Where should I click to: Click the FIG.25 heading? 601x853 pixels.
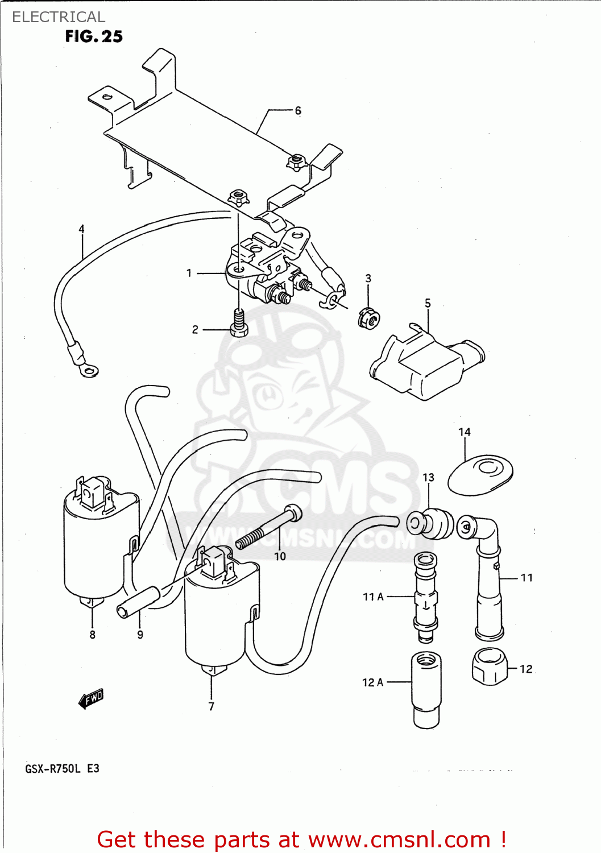(x=94, y=36)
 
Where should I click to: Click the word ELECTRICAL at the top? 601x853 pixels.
(x=59, y=17)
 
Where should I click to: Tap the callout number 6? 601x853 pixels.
(x=298, y=110)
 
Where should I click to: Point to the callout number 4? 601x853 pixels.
(x=81, y=229)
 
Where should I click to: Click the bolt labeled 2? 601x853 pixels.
(x=239, y=323)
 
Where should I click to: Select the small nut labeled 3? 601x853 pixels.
(x=368, y=318)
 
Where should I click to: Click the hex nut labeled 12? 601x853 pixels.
(x=489, y=666)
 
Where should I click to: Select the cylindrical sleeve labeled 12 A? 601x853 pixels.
(x=426, y=689)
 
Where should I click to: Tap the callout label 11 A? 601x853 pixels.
(x=373, y=597)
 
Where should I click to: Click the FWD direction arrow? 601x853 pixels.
(x=91, y=699)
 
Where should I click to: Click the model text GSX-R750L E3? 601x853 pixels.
(x=62, y=769)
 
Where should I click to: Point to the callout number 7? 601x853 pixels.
(x=211, y=706)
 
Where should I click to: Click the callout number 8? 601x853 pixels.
(x=92, y=635)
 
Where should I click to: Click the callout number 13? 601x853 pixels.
(x=428, y=477)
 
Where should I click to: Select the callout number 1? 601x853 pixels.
(x=189, y=273)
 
